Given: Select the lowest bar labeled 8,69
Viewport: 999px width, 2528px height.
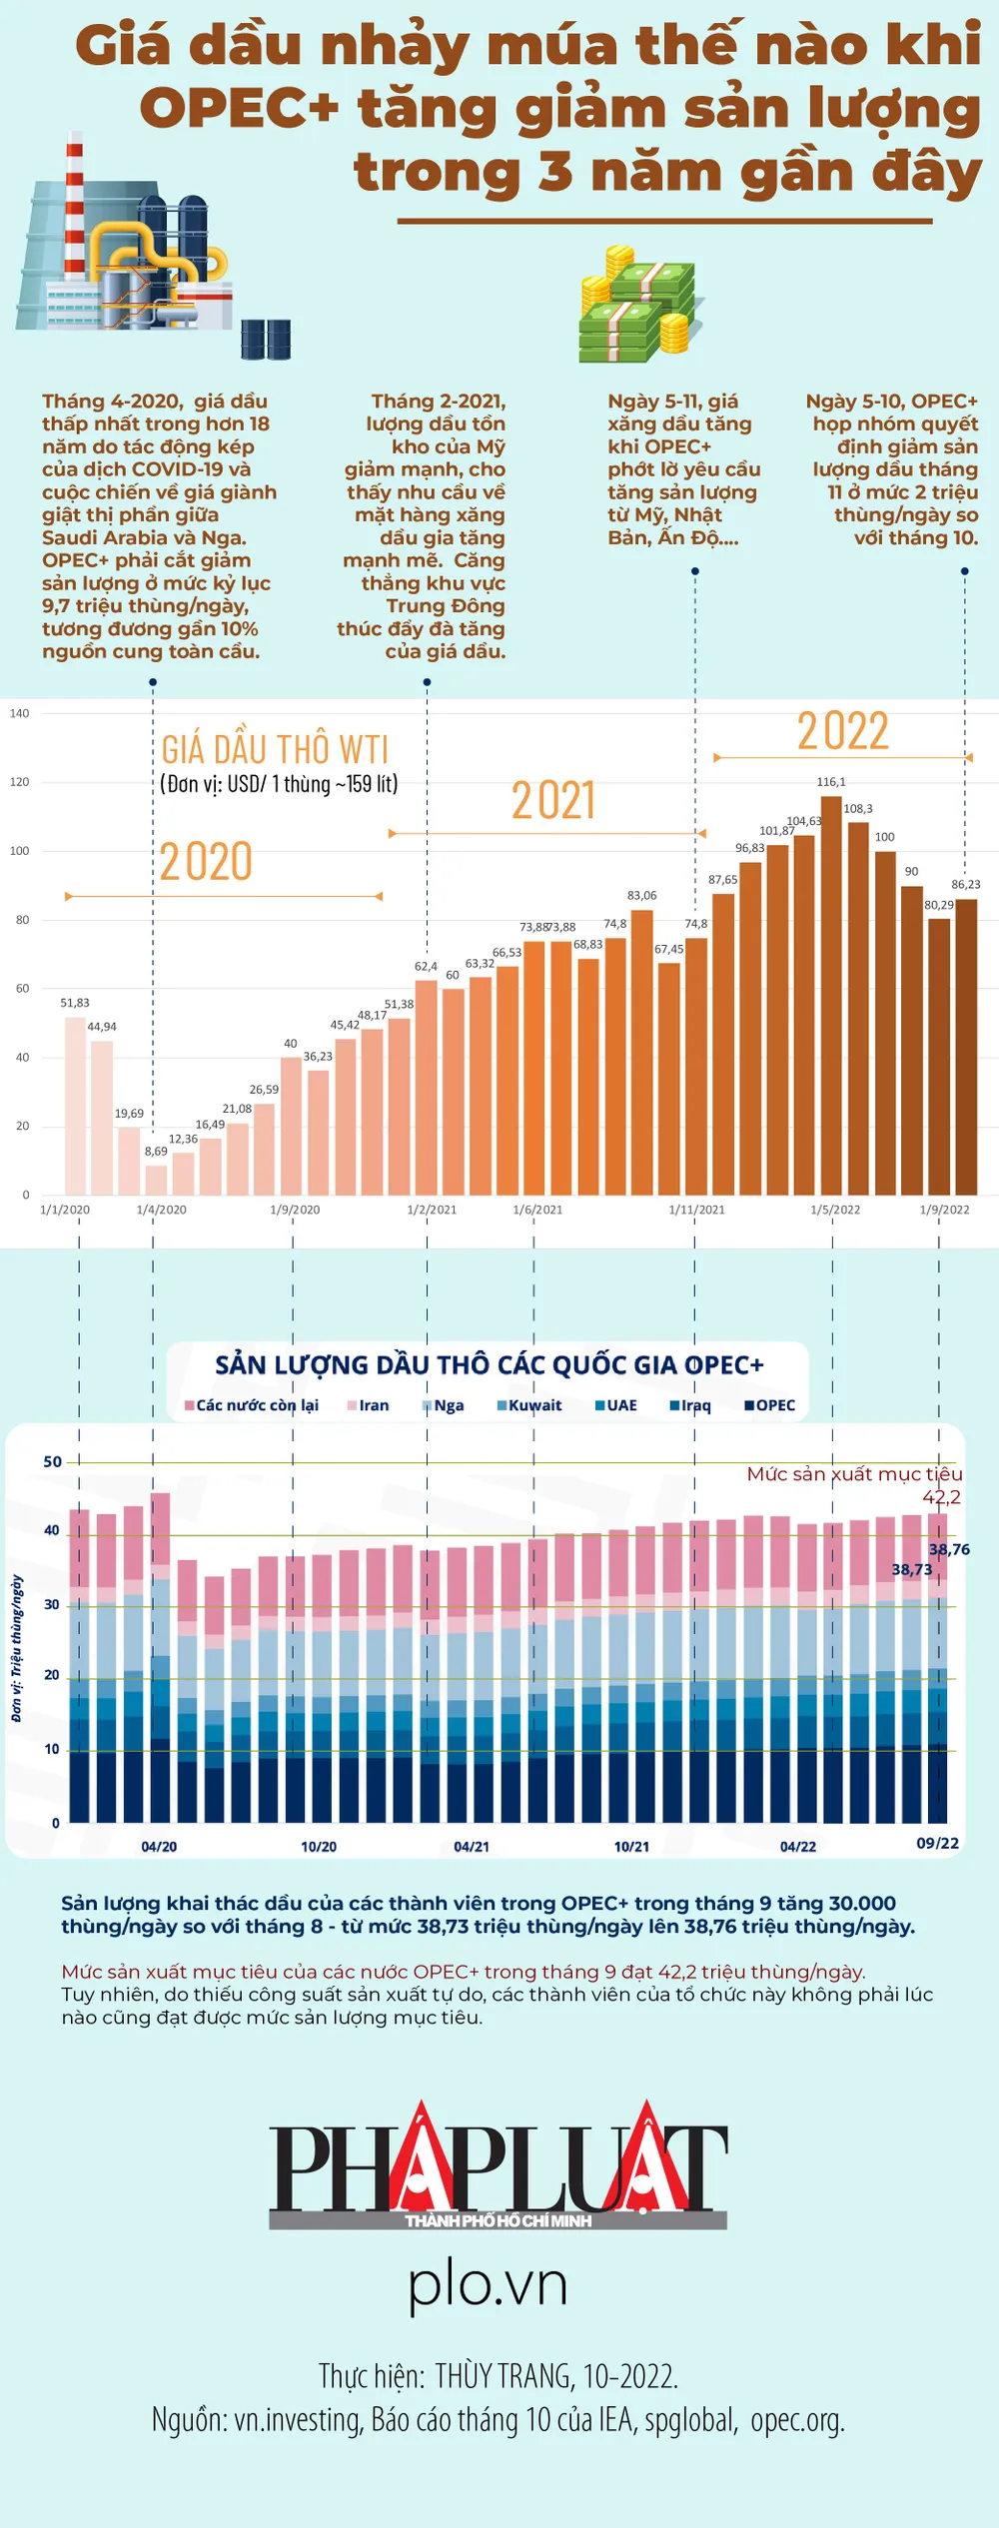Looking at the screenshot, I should click(156, 1180).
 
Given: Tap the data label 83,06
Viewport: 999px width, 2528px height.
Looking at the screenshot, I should click(641, 896).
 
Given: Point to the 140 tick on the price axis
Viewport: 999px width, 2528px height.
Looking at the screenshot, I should click(19, 713).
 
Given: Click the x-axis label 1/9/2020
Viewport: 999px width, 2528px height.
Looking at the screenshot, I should click(295, 1210).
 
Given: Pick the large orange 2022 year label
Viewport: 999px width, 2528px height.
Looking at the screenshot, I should click(842, 731).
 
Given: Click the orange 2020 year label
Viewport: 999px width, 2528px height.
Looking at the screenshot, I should click(206, 862).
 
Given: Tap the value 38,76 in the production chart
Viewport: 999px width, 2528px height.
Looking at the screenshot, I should click(949, 1549).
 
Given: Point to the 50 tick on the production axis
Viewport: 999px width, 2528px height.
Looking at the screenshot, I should click(52, 1461).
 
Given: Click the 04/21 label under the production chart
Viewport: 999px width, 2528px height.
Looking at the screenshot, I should click(472, 1847).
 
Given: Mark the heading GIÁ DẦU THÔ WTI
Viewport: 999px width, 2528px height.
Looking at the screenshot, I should click(275, 749).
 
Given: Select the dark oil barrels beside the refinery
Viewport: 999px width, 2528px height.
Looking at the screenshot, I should click(266, 340).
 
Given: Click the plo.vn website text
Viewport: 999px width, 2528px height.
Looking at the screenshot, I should click(488, 2284).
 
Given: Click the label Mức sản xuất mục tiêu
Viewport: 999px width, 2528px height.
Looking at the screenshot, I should click(854, 1474).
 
